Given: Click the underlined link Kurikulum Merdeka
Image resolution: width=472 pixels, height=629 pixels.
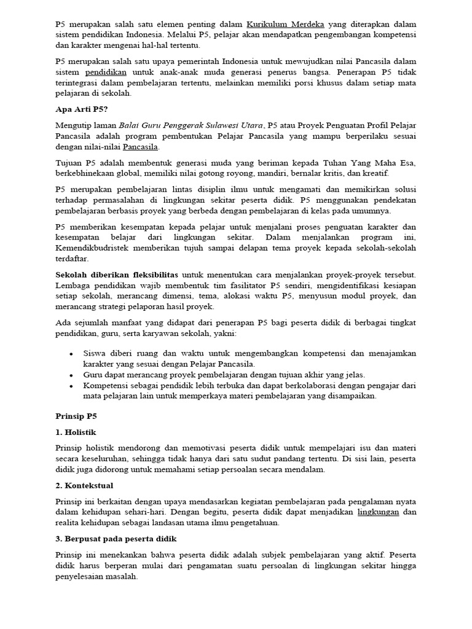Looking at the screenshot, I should click(285, 25).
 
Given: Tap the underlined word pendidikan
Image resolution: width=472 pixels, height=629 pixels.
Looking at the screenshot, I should click(106, 72).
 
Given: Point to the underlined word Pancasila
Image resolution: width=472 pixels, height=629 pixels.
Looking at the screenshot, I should click(141, 147).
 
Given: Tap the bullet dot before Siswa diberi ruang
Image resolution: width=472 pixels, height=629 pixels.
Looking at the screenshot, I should click(73, 354).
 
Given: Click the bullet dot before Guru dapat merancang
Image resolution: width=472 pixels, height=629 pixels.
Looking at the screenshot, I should click(73, 375).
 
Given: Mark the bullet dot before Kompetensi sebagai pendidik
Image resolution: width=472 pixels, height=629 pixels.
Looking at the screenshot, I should click(73, 386).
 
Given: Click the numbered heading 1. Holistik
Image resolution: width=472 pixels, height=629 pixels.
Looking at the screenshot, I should click(76, 432).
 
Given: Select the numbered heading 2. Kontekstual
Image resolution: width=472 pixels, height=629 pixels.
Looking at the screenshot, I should click(84, 485).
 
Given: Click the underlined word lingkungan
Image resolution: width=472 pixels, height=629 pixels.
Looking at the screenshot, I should click(379, 512).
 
